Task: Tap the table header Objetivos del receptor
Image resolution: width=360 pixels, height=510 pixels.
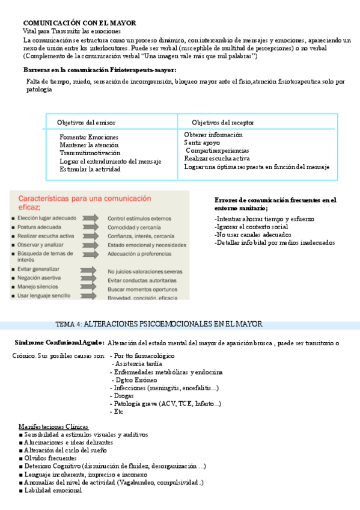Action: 223,122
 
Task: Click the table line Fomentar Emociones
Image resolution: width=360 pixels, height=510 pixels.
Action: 89,137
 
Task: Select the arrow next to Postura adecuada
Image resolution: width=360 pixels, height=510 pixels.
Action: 88,228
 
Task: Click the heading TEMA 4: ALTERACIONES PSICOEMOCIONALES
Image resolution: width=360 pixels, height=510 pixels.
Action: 159,324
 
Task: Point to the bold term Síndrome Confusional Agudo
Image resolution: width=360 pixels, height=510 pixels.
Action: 58,343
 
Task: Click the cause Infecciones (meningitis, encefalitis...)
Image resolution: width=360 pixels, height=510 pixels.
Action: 165,388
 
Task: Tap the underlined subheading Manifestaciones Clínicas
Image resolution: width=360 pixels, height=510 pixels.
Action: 53,426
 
